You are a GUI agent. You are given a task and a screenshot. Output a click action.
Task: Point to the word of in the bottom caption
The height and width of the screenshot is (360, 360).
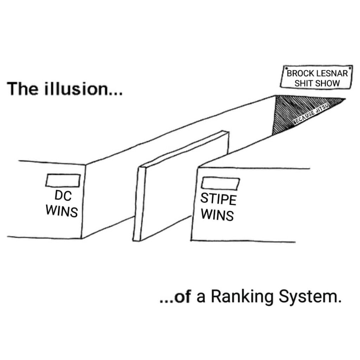pos(182,298)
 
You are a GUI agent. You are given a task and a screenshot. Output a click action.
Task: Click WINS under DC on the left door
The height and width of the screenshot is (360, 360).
pos(62,211)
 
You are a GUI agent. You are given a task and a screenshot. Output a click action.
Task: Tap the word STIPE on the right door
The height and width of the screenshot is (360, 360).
pos(218,199)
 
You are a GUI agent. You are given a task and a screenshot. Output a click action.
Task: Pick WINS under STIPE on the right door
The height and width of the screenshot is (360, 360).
pos(218,214)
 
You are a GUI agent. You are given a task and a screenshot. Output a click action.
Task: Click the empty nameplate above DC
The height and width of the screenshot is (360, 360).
pos(63,180)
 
